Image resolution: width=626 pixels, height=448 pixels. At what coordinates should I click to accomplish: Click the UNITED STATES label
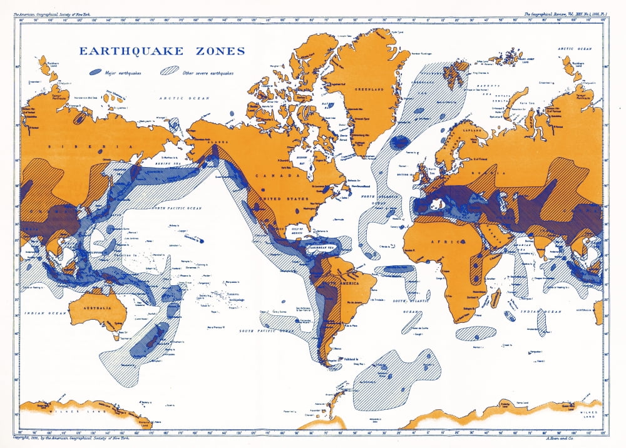[285, 200]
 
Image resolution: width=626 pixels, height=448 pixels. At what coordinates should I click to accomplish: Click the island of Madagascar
[495, 298]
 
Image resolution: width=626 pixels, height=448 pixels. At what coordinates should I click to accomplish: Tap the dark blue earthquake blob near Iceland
[398, 143]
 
